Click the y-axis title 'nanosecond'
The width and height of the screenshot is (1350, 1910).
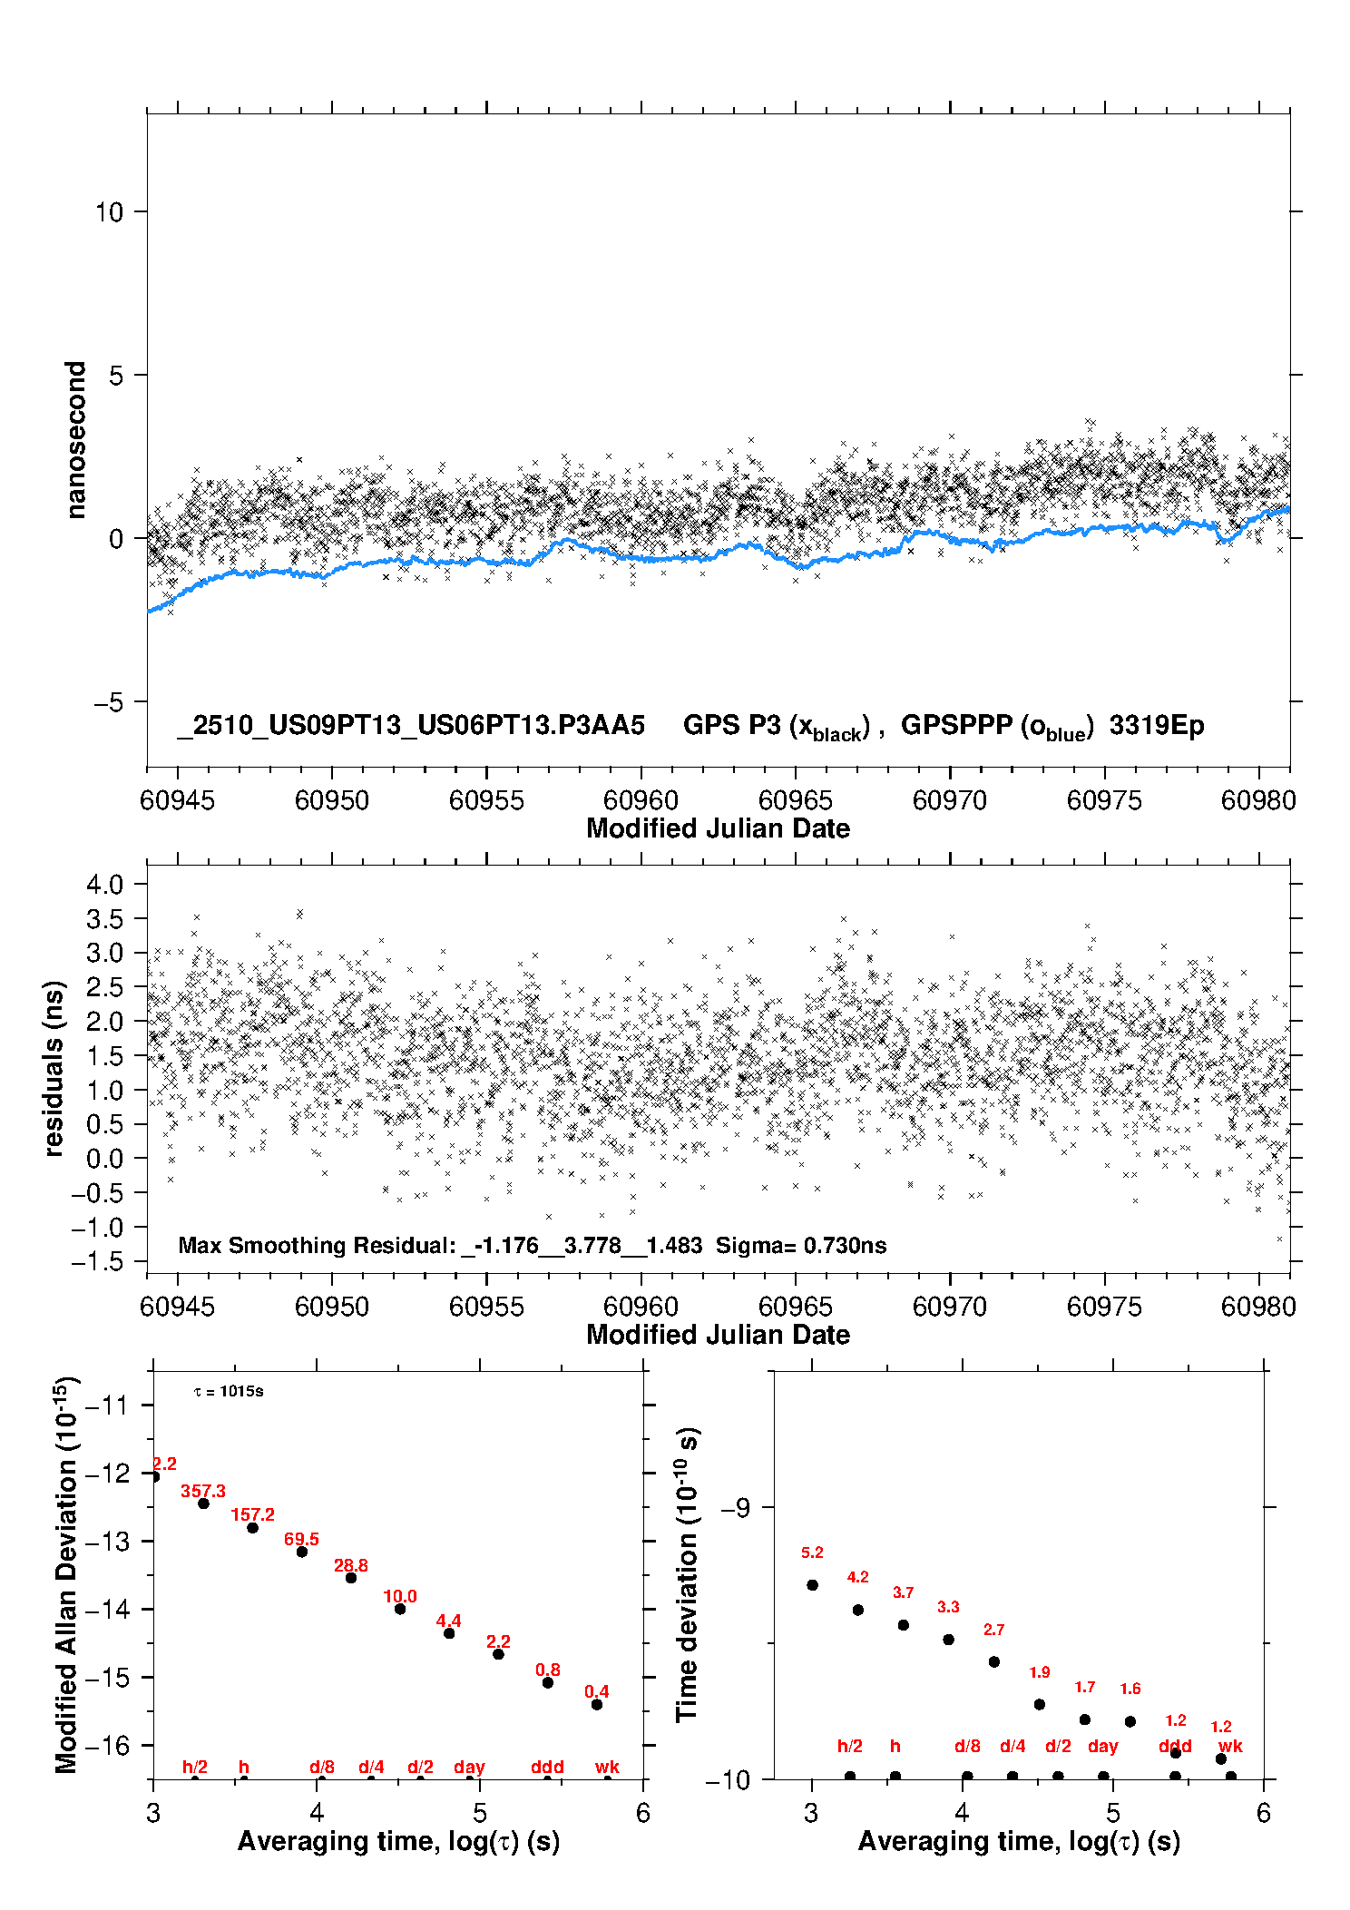pos(76,440)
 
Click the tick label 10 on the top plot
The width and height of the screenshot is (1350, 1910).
pos(109,212)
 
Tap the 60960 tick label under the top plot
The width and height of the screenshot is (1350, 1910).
pos(641,800)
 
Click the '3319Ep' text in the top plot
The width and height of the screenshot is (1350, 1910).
pos(1157,726)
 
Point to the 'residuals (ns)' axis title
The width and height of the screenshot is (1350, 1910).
pos(54,1068)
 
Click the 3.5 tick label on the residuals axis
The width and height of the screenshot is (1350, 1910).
pos(104,918)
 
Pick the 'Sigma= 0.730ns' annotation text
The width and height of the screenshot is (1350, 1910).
pos(801,1245)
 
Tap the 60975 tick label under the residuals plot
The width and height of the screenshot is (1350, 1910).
pos(1104,1307)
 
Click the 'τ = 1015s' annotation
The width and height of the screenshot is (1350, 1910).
pos(229,1392)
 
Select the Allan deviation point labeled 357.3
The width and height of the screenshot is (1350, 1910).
pos(204,1504)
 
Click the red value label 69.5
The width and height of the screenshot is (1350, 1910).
pos(301,1539)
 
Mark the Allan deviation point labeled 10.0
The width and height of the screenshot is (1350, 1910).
pos(400,1609)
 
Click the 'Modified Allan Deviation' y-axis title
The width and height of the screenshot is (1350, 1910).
pos(66,1574)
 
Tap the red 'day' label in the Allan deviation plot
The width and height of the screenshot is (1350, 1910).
pos(469,1767)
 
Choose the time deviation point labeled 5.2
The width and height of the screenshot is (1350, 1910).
pos(812,1585)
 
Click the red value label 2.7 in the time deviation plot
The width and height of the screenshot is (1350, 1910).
pos(993,1630)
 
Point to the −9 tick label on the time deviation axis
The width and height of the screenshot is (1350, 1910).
pos(735,1508)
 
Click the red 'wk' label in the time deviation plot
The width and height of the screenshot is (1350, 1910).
pos(1230,1746)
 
